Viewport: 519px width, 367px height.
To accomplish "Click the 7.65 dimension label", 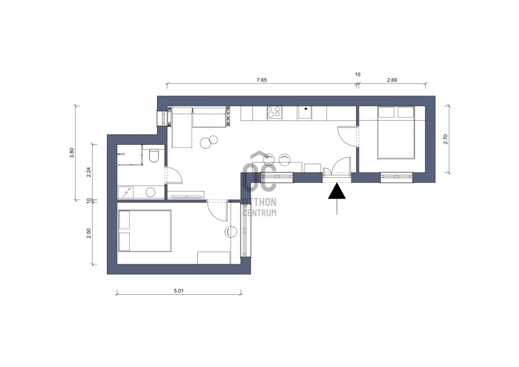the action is coord(261,80).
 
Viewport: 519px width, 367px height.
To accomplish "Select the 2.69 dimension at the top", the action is coord(392,80).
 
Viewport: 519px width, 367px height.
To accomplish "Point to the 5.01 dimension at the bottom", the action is coord(178,291).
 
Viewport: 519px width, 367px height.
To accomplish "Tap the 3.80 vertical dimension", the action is coord(72,153).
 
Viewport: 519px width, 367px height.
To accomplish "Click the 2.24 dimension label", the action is coord(89,172).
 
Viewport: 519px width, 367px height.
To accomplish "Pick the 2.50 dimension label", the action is coord(89,233).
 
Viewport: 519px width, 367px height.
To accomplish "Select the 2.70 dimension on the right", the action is coord(445,139).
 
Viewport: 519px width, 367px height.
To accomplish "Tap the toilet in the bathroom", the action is coord(154,155).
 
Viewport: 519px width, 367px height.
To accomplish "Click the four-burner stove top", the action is coord(274,112).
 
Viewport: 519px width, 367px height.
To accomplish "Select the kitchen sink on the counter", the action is coord(304,112).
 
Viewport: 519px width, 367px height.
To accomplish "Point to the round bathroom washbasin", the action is coord(151,192).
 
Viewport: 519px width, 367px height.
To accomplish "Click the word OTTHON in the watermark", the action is coord(259,202).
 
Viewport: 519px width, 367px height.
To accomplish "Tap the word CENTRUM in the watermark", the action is coord(259,212).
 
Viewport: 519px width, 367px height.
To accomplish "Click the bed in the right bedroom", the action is coord(396,133).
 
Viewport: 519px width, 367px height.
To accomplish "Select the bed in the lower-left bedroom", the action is coord(145,231).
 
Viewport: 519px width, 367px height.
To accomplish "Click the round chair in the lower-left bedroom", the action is coord(231,232).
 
